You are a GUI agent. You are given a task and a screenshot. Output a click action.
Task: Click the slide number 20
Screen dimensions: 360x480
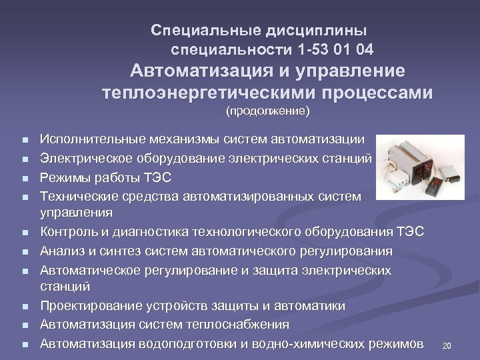[447, 346]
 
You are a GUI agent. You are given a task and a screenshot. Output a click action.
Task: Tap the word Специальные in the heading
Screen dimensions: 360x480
[194, 31]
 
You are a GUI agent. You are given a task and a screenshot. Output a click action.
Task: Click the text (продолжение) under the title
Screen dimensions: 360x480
[267, 111]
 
